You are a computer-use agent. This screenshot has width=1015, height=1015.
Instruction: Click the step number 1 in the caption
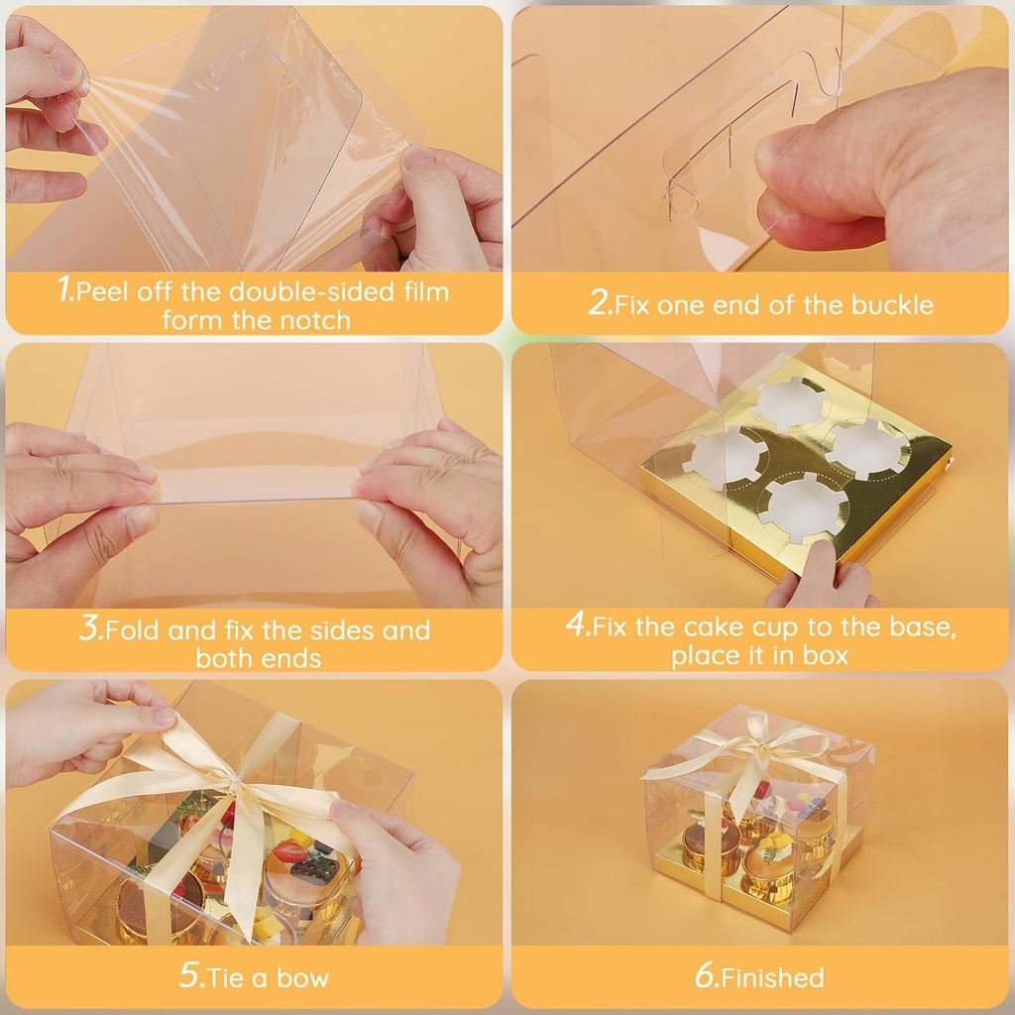(65, 288)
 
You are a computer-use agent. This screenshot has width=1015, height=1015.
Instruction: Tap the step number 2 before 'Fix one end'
(599, 302)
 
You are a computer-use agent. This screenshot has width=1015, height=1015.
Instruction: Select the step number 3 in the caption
(89, 627)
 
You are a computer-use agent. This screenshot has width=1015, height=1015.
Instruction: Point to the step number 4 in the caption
(576, 624)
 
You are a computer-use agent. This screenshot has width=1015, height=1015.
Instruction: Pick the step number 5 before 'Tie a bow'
(190, 975)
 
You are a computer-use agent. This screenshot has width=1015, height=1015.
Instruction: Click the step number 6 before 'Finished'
(707, 975)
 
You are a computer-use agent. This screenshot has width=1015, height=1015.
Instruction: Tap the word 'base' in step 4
(919, 626)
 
